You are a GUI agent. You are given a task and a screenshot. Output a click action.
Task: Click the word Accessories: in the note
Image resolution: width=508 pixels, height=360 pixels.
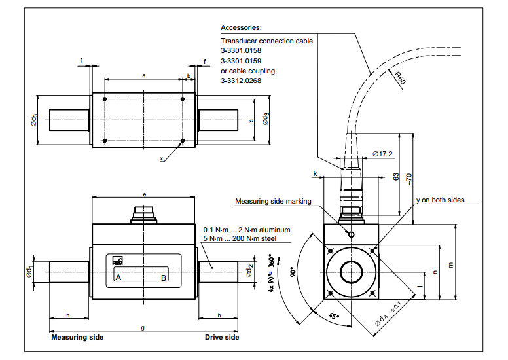click(x=241, y=28)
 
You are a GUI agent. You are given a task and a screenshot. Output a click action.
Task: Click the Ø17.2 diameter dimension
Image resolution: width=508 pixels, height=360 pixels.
click(x=382, y=154)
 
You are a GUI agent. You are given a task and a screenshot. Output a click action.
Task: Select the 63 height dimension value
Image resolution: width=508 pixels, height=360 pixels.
click(x=396, y=177)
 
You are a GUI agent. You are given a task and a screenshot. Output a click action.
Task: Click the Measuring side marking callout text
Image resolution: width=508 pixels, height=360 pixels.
click(x=273, y=202)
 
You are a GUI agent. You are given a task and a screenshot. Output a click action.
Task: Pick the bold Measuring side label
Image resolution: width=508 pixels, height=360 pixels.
click(x=77, y=338)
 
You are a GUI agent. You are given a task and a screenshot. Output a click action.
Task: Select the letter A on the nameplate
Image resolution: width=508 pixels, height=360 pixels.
click(x=118, y=278)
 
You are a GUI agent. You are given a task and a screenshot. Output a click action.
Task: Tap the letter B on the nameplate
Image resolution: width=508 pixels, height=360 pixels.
click(x=164, y=278)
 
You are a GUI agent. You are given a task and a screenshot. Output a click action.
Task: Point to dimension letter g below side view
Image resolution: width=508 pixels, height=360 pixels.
click(x=143, y=327)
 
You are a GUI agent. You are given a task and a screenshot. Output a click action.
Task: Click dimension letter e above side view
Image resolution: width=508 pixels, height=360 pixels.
click(x=144, y=194)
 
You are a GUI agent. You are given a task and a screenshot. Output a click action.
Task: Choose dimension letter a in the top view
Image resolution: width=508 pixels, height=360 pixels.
click(x=143, y=75)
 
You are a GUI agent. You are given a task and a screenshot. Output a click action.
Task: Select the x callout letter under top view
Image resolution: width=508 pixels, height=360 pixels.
click(x=161, y=158)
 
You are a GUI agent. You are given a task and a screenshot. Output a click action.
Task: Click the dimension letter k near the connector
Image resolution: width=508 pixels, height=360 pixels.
click(x=315, y=174)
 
